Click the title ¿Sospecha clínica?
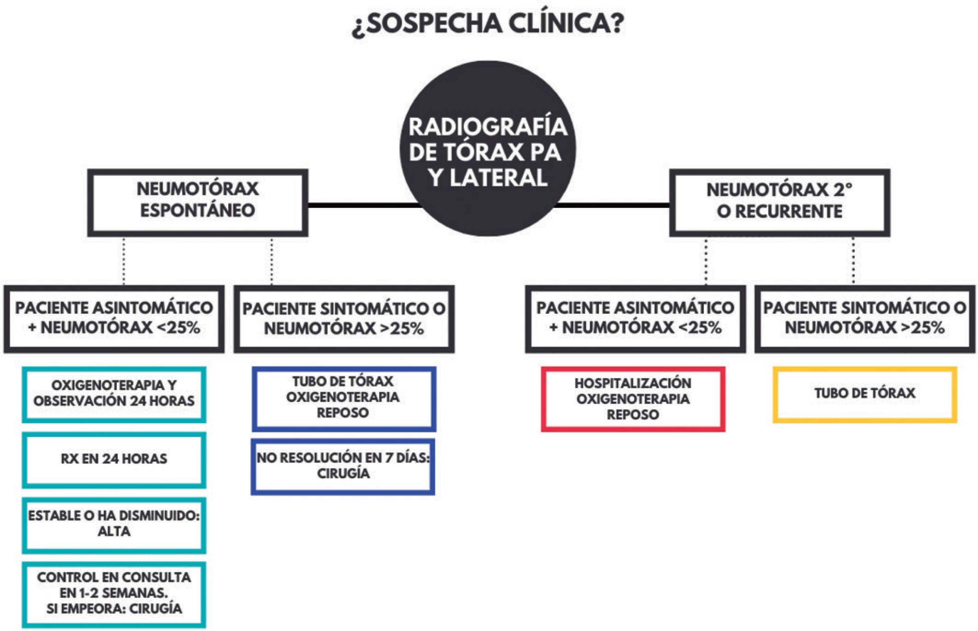click(488, 23)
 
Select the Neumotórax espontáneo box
click(197, 202)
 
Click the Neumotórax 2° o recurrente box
click(779, 202)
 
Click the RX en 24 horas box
click(114, 459)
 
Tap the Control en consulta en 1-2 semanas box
click(114, 594)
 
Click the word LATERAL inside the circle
click(498, 178)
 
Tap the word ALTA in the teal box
click(114, 532)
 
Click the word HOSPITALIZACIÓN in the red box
click(633, 384)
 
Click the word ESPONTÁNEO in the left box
click(197, 211)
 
